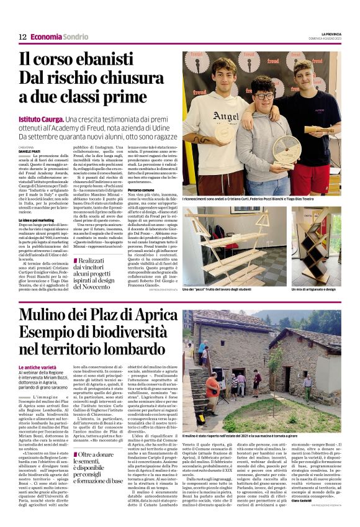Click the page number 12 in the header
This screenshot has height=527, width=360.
[x=22, y=37]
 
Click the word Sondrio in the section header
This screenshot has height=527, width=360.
[x=76, y=37]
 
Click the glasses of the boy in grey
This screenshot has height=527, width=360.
[x=264, y=97]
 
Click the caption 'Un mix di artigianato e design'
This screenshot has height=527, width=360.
[x=313, y=289]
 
